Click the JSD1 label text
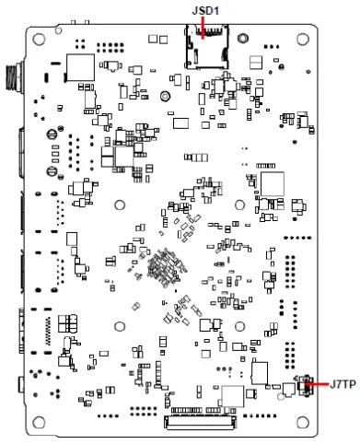point(203,8)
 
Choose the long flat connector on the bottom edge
point(203,425)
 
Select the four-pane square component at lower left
point(67,323)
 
